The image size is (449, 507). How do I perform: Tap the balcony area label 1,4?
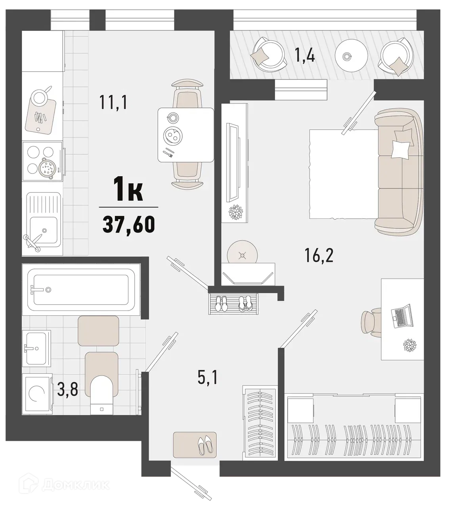[304, 56]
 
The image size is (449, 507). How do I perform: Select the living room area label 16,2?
[319, 256]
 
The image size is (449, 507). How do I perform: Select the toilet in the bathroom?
[102, 394]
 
